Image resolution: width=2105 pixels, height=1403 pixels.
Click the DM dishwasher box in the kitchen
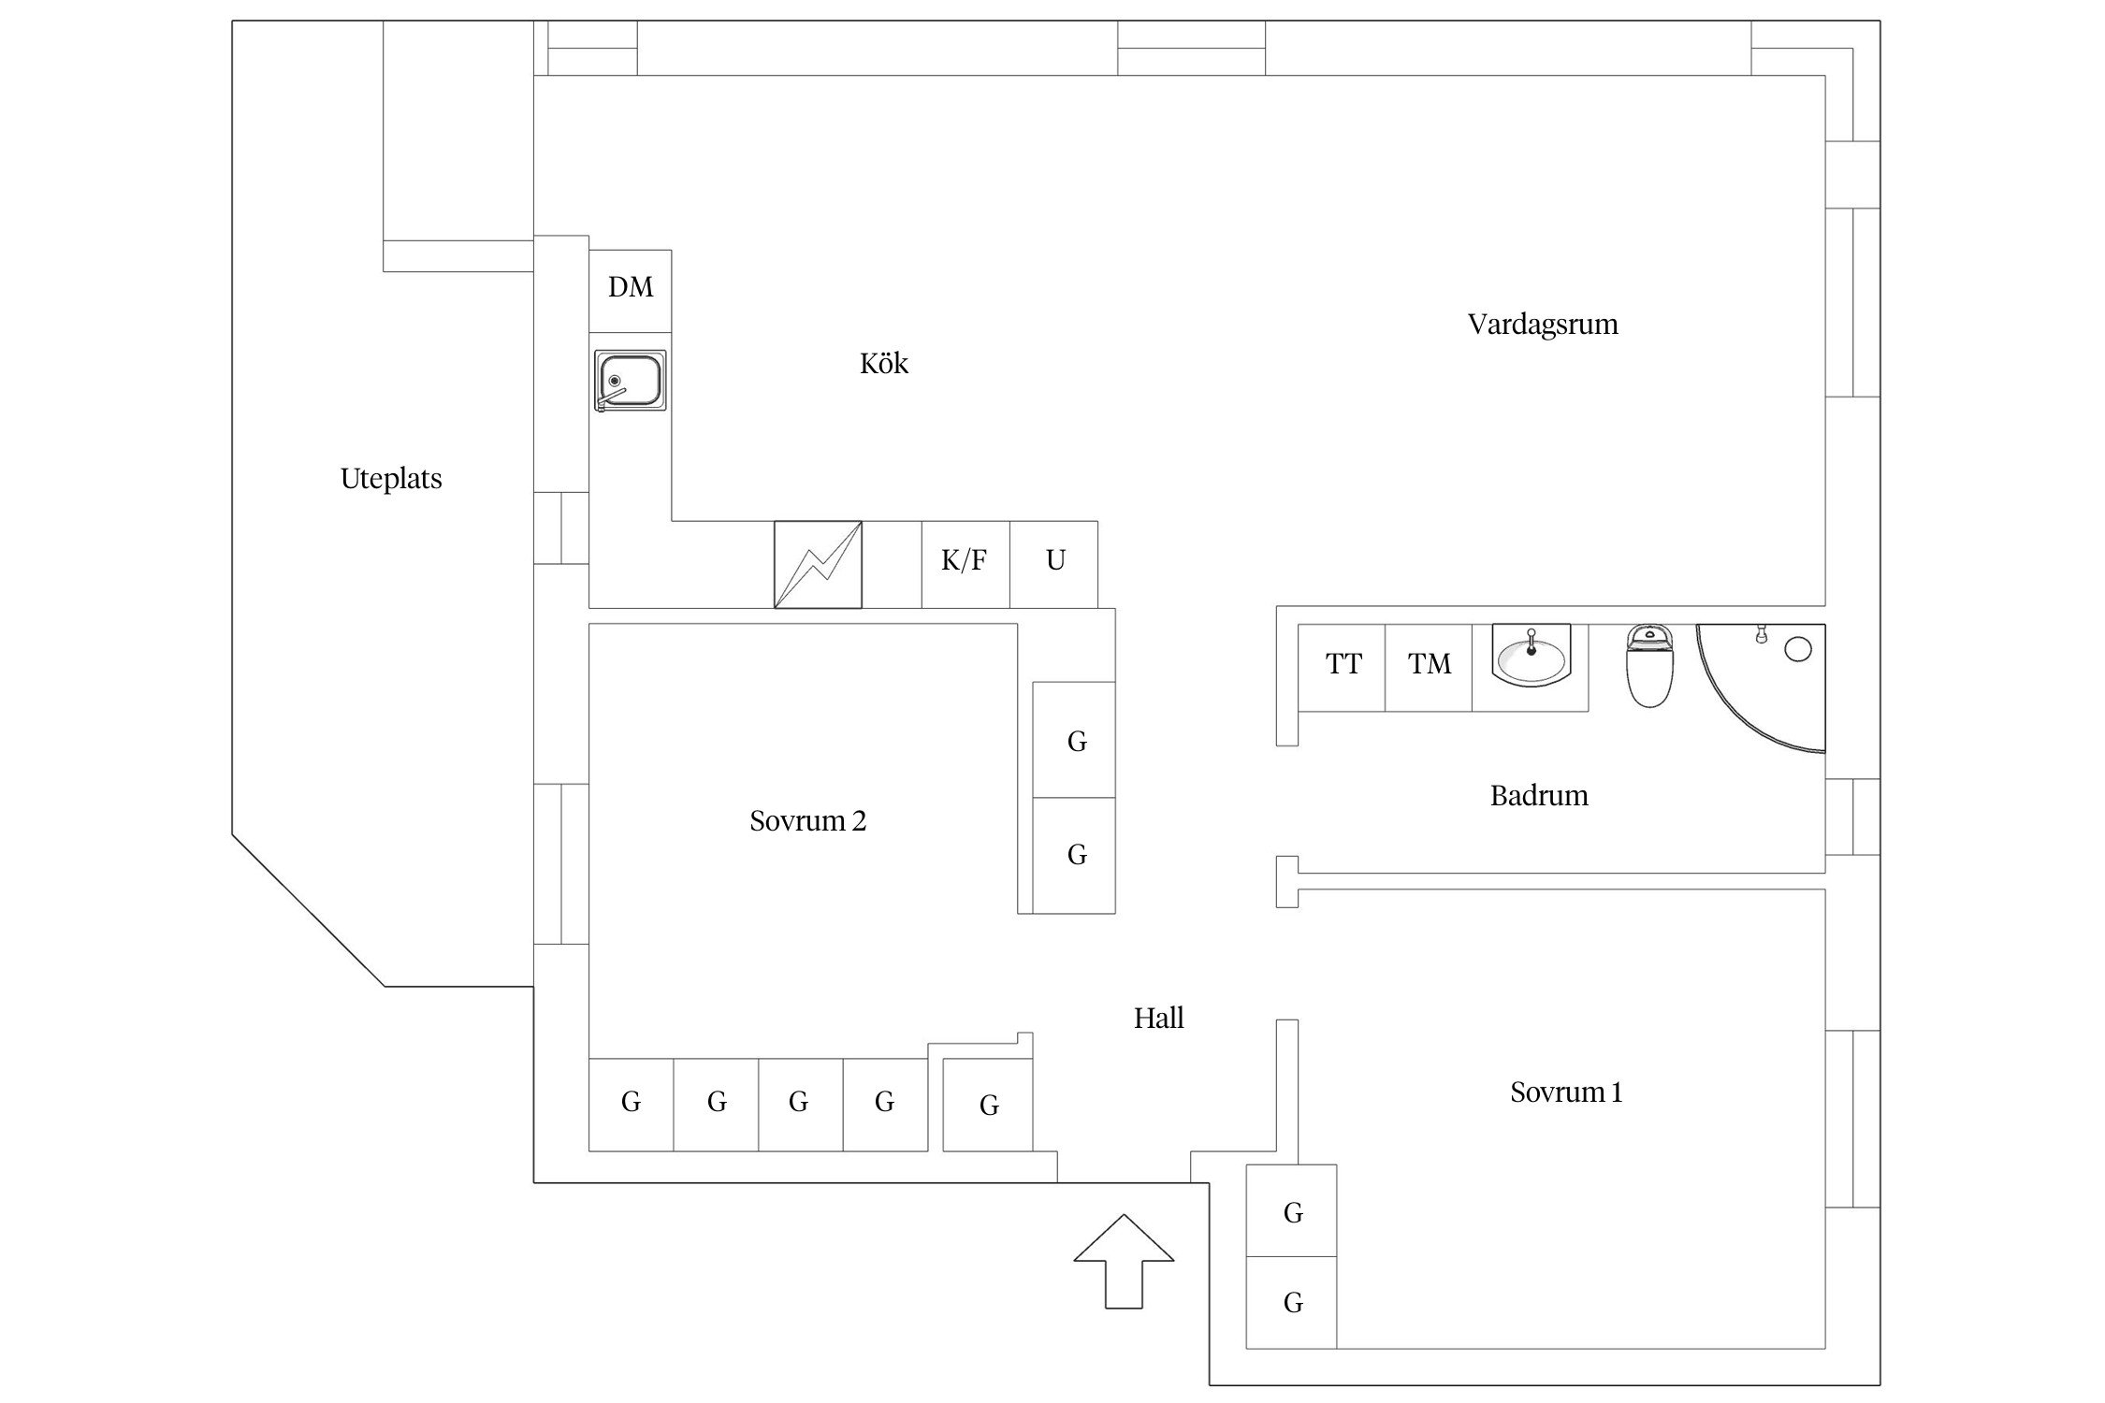click(631, 290)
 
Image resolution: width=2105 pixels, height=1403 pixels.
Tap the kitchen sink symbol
click(631, 381)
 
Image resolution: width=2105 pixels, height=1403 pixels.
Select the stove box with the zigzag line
click(818, 565)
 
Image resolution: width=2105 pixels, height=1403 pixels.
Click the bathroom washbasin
click(1531, 658)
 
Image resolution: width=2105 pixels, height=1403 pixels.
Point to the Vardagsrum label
click(1543, 325)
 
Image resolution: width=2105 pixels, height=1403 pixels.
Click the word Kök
click(884, 364)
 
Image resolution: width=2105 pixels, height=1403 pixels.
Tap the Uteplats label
click(391, 479)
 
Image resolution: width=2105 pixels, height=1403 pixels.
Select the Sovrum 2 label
click(807, 821)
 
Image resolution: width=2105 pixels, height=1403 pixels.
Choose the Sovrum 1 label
click(1566, 1092)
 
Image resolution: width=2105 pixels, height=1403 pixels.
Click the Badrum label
click(1539, 796)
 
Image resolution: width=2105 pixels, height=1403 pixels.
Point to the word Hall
click(1159, 1019)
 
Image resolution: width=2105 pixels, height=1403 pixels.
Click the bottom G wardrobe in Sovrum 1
click(1292, 1303)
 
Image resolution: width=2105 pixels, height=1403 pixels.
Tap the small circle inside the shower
click(1798, 649)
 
